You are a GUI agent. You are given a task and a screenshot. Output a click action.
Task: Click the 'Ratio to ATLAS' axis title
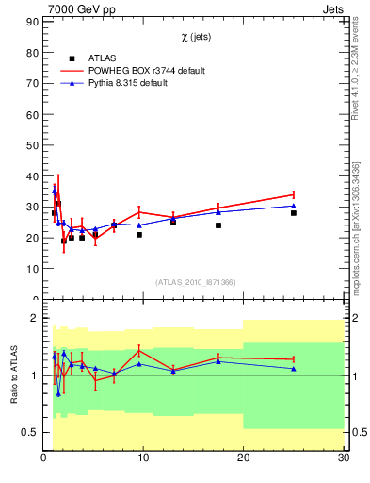pyautogui.click(x=13, y=375)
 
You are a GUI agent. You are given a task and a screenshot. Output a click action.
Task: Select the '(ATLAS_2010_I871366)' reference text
pyautogui.click(x=196, y=283)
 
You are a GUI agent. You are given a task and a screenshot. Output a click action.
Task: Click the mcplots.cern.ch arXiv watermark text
pyautogui.click(x=356, y=231)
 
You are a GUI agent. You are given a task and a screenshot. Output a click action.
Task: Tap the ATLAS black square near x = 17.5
pyautogui.click(x=218, y=225)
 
